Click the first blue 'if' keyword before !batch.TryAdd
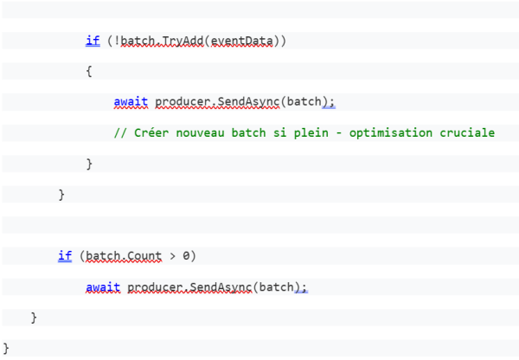pyautogui.click(x=92, y=41)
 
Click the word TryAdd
pyautogui.click(x=180, y=41)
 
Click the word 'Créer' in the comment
pyautogui.click(x=148, y=132)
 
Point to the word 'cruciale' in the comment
pyautogui.click(x=466, y=132)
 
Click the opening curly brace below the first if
pyautogui.click(x=89, y=72)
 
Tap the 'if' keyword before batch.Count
pyautogui.click(x=64, y=256)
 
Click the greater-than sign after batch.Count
pyautogui.click(x=173, y=256)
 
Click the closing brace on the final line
pyautogui.click(x=7, y=348)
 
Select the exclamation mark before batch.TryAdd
pyautogui.click(x=111, y=41)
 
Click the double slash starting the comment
pyautogui.click(x=120, y=132)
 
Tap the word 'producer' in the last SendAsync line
pyautogui.click(x=155, y=286)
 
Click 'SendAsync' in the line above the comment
pyautogui.click(x=249, y=102)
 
